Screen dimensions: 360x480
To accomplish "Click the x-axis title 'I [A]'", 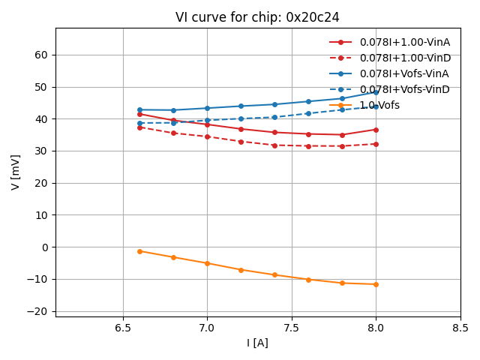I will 257,343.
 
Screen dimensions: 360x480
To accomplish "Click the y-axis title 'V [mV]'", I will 16,172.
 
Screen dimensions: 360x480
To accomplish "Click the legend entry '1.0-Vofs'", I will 379,105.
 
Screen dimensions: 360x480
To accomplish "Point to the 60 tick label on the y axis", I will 41,55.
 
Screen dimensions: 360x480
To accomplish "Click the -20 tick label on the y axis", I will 38,311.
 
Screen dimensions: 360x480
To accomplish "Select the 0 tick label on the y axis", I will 44,247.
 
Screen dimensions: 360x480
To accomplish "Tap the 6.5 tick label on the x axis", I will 123,328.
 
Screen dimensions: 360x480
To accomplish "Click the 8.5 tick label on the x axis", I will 460,328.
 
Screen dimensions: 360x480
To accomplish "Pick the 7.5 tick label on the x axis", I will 292,328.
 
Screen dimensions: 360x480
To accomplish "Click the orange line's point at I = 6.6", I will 139,251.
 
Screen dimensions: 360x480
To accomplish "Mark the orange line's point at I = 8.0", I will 376,284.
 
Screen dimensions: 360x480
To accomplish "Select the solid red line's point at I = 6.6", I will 139,114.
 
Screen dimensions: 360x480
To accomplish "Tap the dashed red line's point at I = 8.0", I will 376,144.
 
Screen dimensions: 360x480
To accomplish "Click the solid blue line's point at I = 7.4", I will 274,104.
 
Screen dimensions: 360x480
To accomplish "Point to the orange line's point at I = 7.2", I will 241,269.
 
